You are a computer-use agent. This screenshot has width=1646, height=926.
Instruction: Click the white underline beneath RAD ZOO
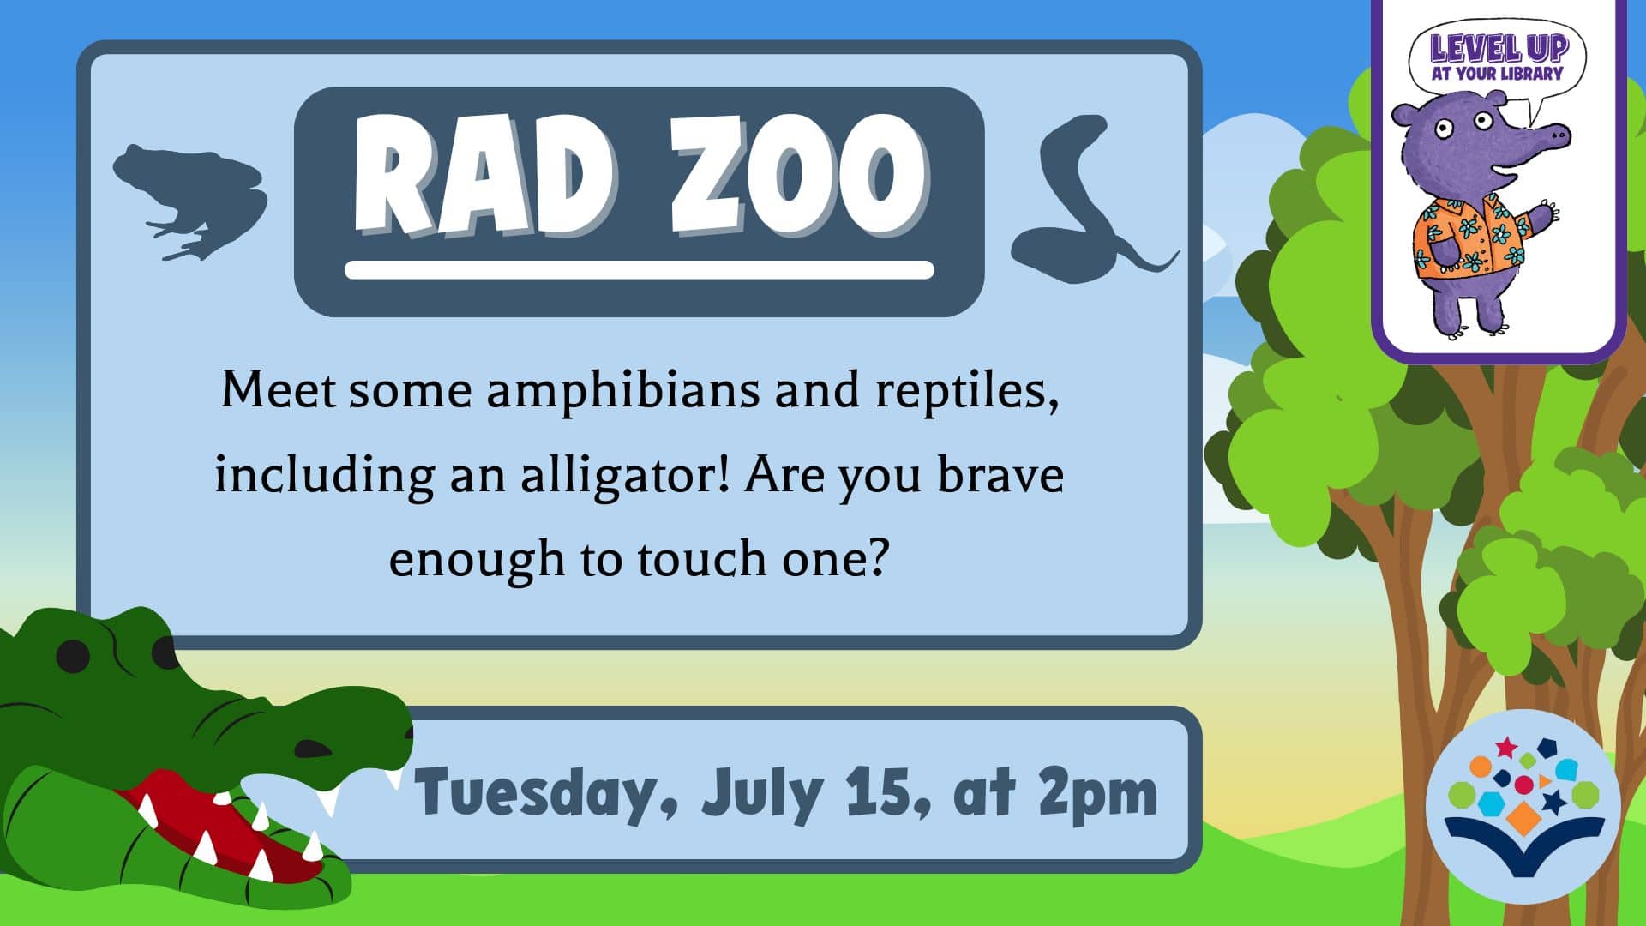click(639, 270)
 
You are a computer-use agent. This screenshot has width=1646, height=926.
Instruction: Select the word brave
click(1000, 474)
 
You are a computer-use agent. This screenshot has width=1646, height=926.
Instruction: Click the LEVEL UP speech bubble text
click(1497, 57)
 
